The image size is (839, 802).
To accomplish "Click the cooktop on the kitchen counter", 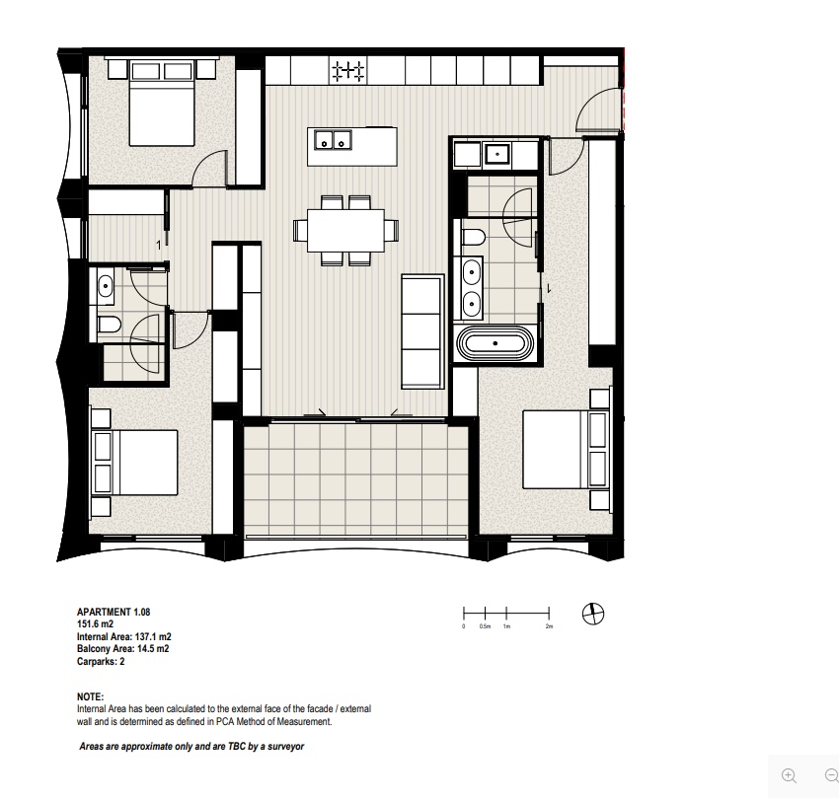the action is [348, 71].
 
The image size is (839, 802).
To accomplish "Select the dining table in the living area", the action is [345, 230].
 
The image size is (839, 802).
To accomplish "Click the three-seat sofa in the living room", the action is [422, 331].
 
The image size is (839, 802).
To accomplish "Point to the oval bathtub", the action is [495, 343].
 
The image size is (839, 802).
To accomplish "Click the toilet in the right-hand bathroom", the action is [473, 237].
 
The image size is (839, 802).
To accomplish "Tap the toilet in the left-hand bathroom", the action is [110, 324].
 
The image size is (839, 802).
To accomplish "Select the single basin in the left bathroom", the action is [106, 286].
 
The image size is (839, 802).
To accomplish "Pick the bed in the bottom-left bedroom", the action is [135, 463].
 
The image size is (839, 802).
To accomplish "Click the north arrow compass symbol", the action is [593, 614].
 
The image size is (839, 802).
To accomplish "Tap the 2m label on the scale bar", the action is [549, 626].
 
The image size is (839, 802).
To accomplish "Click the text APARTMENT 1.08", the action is [114, 612].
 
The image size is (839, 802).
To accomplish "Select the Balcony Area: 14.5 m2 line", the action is [123, 648].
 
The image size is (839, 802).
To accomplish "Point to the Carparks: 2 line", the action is [101, 661].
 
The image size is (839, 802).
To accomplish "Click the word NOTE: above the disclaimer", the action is [91, 696].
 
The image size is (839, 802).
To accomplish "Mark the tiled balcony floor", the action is [355, 478].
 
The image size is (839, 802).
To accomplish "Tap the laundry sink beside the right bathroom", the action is [497, 154].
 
